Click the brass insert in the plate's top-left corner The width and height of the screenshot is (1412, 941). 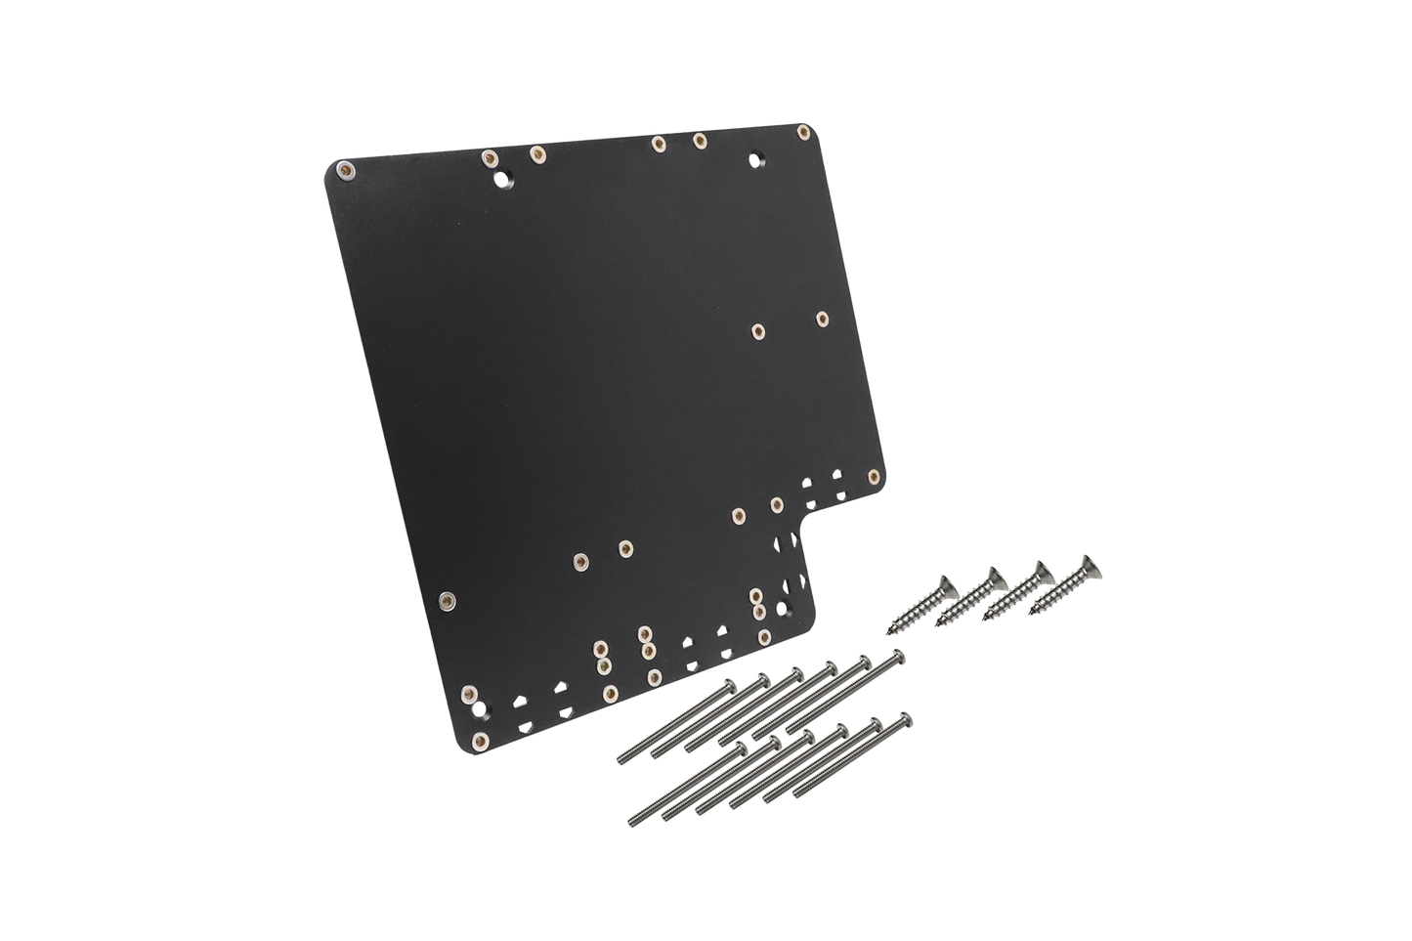click(x=344, y=172)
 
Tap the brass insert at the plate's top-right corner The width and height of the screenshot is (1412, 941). click(x=803, y=131)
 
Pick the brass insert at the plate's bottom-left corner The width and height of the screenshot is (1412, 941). click(x=481, y=740)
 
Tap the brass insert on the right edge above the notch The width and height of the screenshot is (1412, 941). click(x=874, y=477)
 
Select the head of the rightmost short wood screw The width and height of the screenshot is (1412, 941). click(x=1086, y=565)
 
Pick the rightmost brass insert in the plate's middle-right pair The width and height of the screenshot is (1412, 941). click(x=823, y=318)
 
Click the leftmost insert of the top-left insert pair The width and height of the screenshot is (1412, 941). click(x=490, y=157)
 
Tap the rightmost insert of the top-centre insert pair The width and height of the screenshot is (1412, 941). click(x=700, y=141)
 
